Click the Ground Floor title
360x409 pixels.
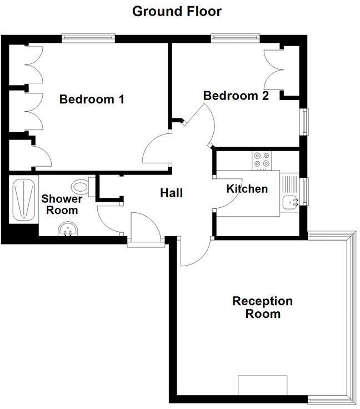[x=177, y=11]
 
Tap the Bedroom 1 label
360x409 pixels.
[x=92, y=100]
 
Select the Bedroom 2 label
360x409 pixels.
[x=236, y=96]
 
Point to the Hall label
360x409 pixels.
[x=172, y=193]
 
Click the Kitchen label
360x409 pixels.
[x=247, y=189]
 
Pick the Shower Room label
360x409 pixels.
[x=62, y=205]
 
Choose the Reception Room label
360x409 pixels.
[x=262, y=307]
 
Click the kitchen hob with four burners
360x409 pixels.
[x=261, y=160]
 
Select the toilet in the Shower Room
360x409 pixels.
[x=82, y=184]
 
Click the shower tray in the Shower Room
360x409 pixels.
[x=23, y=199]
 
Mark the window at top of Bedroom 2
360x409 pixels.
[x=235, y=38]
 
